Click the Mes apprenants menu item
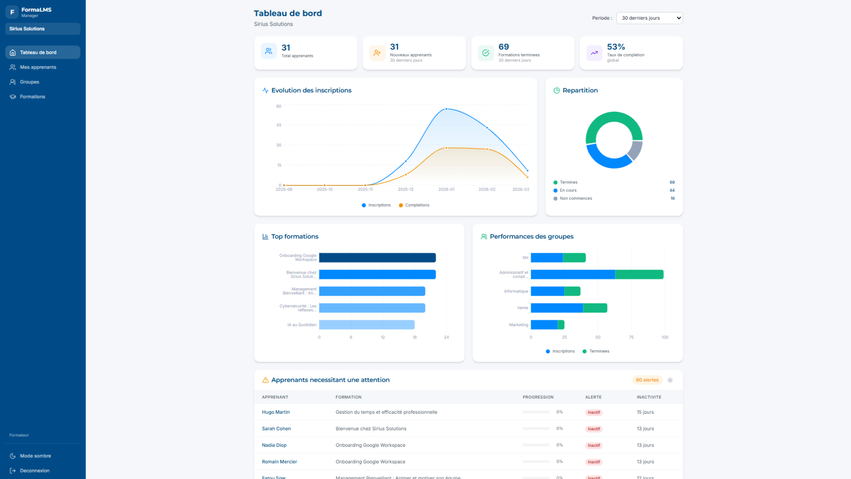click(x=38, y=67)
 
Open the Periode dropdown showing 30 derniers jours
click(x=649, y=18)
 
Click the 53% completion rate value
click(x=616, y=47)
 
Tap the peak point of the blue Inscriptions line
click(x=446, y=109)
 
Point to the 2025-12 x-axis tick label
click(x=406, y=189)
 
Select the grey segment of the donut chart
click(x=636, y=150)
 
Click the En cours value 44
click(x=672, y=190)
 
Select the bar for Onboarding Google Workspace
click(x=377, y=258)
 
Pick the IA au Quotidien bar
click(x=367, y=325)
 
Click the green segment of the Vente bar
click(x=595, y=308)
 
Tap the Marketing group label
click(x=519, y=325)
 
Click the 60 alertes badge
click(x=647, y=380)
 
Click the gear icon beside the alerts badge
click(x=670, y=381)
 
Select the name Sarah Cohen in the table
click(x=276, y=429)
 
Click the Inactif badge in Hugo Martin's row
click(x=593, y=412)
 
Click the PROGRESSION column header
click(x=538, y=397)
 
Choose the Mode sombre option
click(x=35, y=456)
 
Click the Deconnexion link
click(x=34, y=471)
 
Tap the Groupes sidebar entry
click(x=29, y=82)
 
